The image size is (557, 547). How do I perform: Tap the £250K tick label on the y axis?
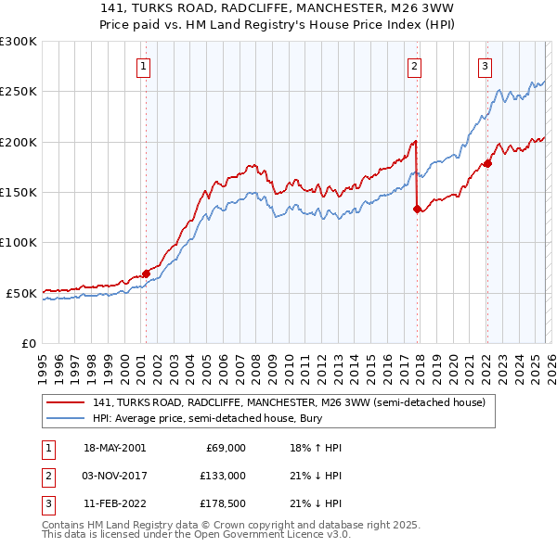tap(19, 92)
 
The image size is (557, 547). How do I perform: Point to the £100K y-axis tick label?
tap(19, 242)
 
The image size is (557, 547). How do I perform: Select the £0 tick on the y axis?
tap(28, 343)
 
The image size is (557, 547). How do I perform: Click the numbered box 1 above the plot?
tap(145, 66)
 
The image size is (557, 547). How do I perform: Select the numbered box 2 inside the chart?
tap(414, 66)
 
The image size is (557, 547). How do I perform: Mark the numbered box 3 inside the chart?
tap(485, 66)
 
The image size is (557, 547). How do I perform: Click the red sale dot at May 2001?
tap(146, 273)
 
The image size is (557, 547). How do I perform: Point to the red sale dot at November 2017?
tap(417, 210)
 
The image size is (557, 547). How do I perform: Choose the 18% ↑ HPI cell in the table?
tap(316, 448)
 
